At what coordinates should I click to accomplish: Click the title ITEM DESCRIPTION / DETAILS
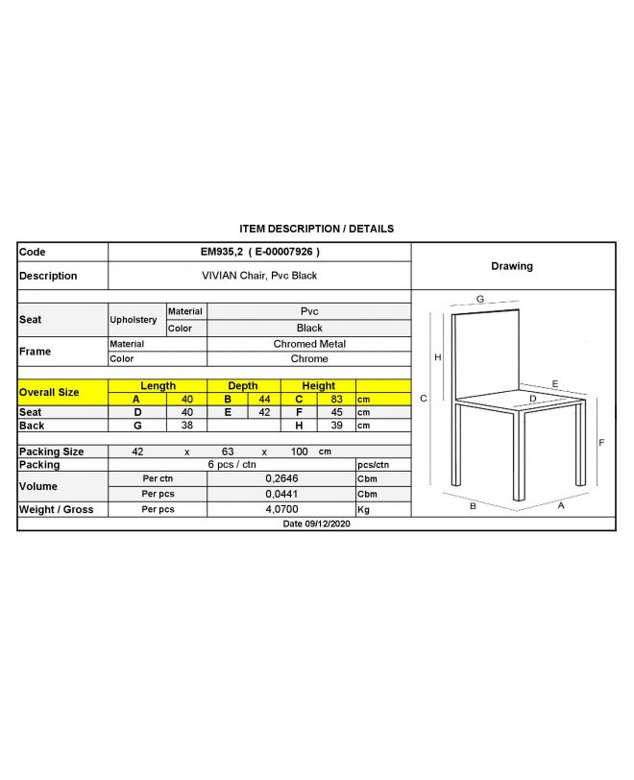[316, 229]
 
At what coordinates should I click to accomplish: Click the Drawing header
[511, 266]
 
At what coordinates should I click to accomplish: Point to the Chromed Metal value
[309, 344]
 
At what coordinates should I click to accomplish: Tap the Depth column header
[242, 386]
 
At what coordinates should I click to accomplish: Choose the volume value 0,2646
[280, 478]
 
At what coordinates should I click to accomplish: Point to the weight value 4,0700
[280, 509]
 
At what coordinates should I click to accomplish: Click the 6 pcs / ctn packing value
[231, 465]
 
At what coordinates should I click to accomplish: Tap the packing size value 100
[300, 451]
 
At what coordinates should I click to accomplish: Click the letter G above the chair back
[479, 299]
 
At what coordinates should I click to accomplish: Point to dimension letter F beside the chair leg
[601, 443]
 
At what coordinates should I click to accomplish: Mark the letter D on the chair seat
[532, 398]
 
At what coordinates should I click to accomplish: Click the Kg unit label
[363, 509]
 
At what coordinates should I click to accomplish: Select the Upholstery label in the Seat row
[134, 320]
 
